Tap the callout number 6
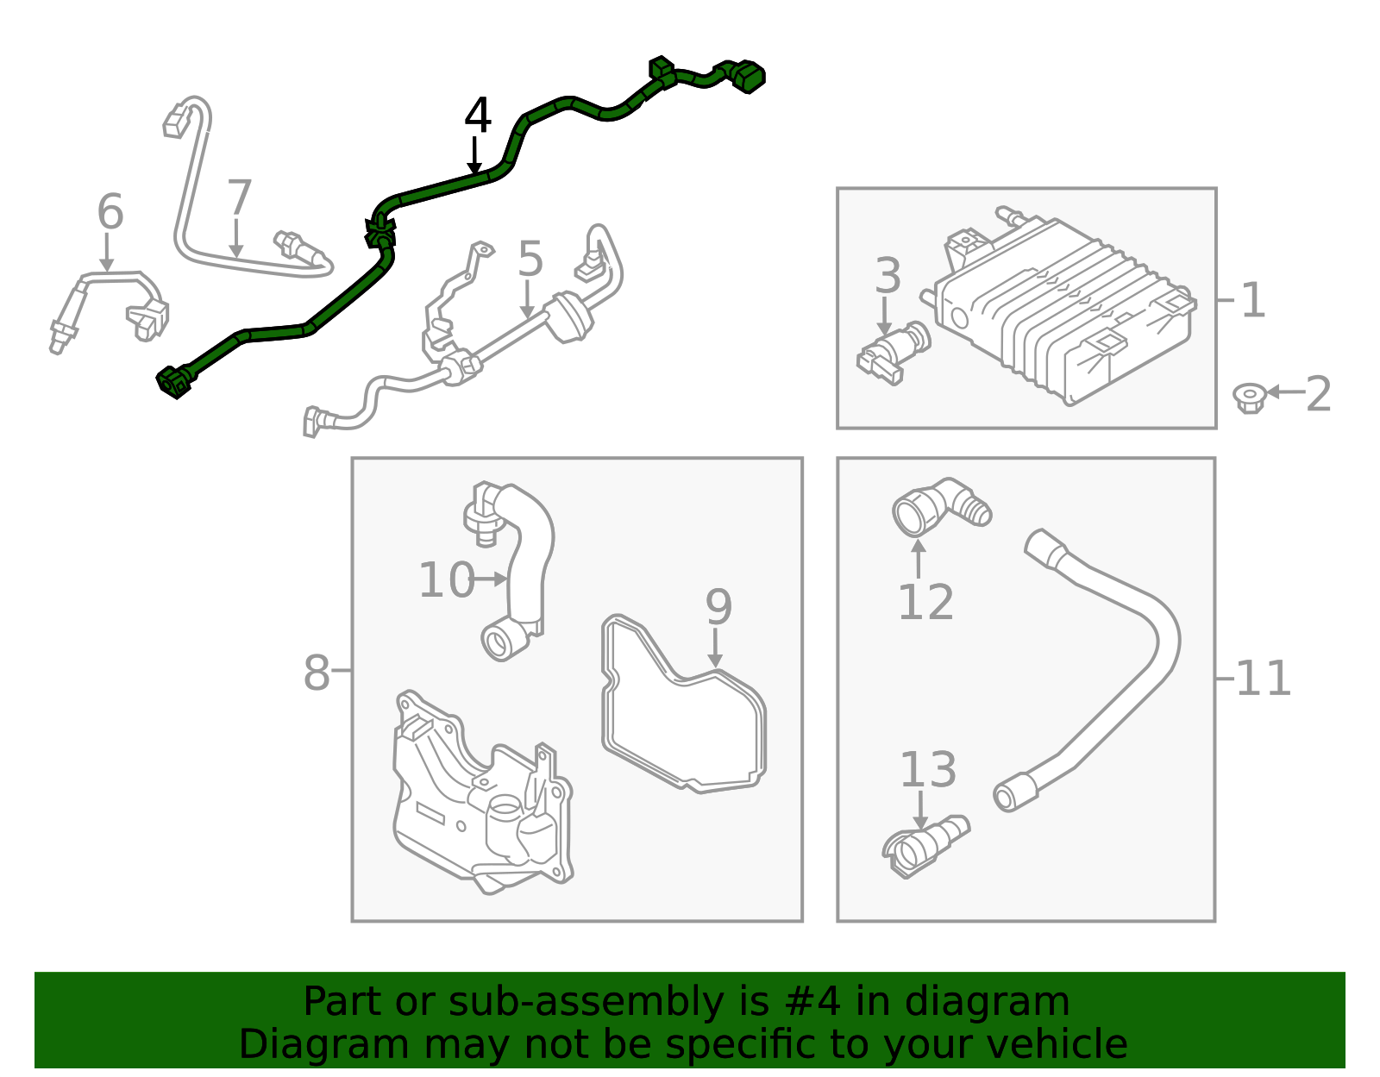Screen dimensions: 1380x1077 pos(110,211)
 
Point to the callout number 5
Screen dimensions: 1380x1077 pos(530,259)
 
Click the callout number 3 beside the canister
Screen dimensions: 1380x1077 pos(888,275)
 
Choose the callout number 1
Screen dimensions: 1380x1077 pos(1252,300)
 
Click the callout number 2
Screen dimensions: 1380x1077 pos(1319,394)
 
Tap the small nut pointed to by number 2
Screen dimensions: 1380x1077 pos(1249,398)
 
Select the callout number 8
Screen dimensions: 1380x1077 pos(317,672)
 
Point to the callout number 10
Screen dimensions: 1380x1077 pos(447,579)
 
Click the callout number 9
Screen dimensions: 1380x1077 pos(718,607)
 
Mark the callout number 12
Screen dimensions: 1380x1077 pos(926,602)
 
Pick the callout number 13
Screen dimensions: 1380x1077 pos(928,769)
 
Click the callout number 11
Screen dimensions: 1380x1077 pos(1264,679)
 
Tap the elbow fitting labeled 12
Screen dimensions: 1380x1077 pos(940,508)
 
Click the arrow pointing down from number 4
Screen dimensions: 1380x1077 pos(474,155)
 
